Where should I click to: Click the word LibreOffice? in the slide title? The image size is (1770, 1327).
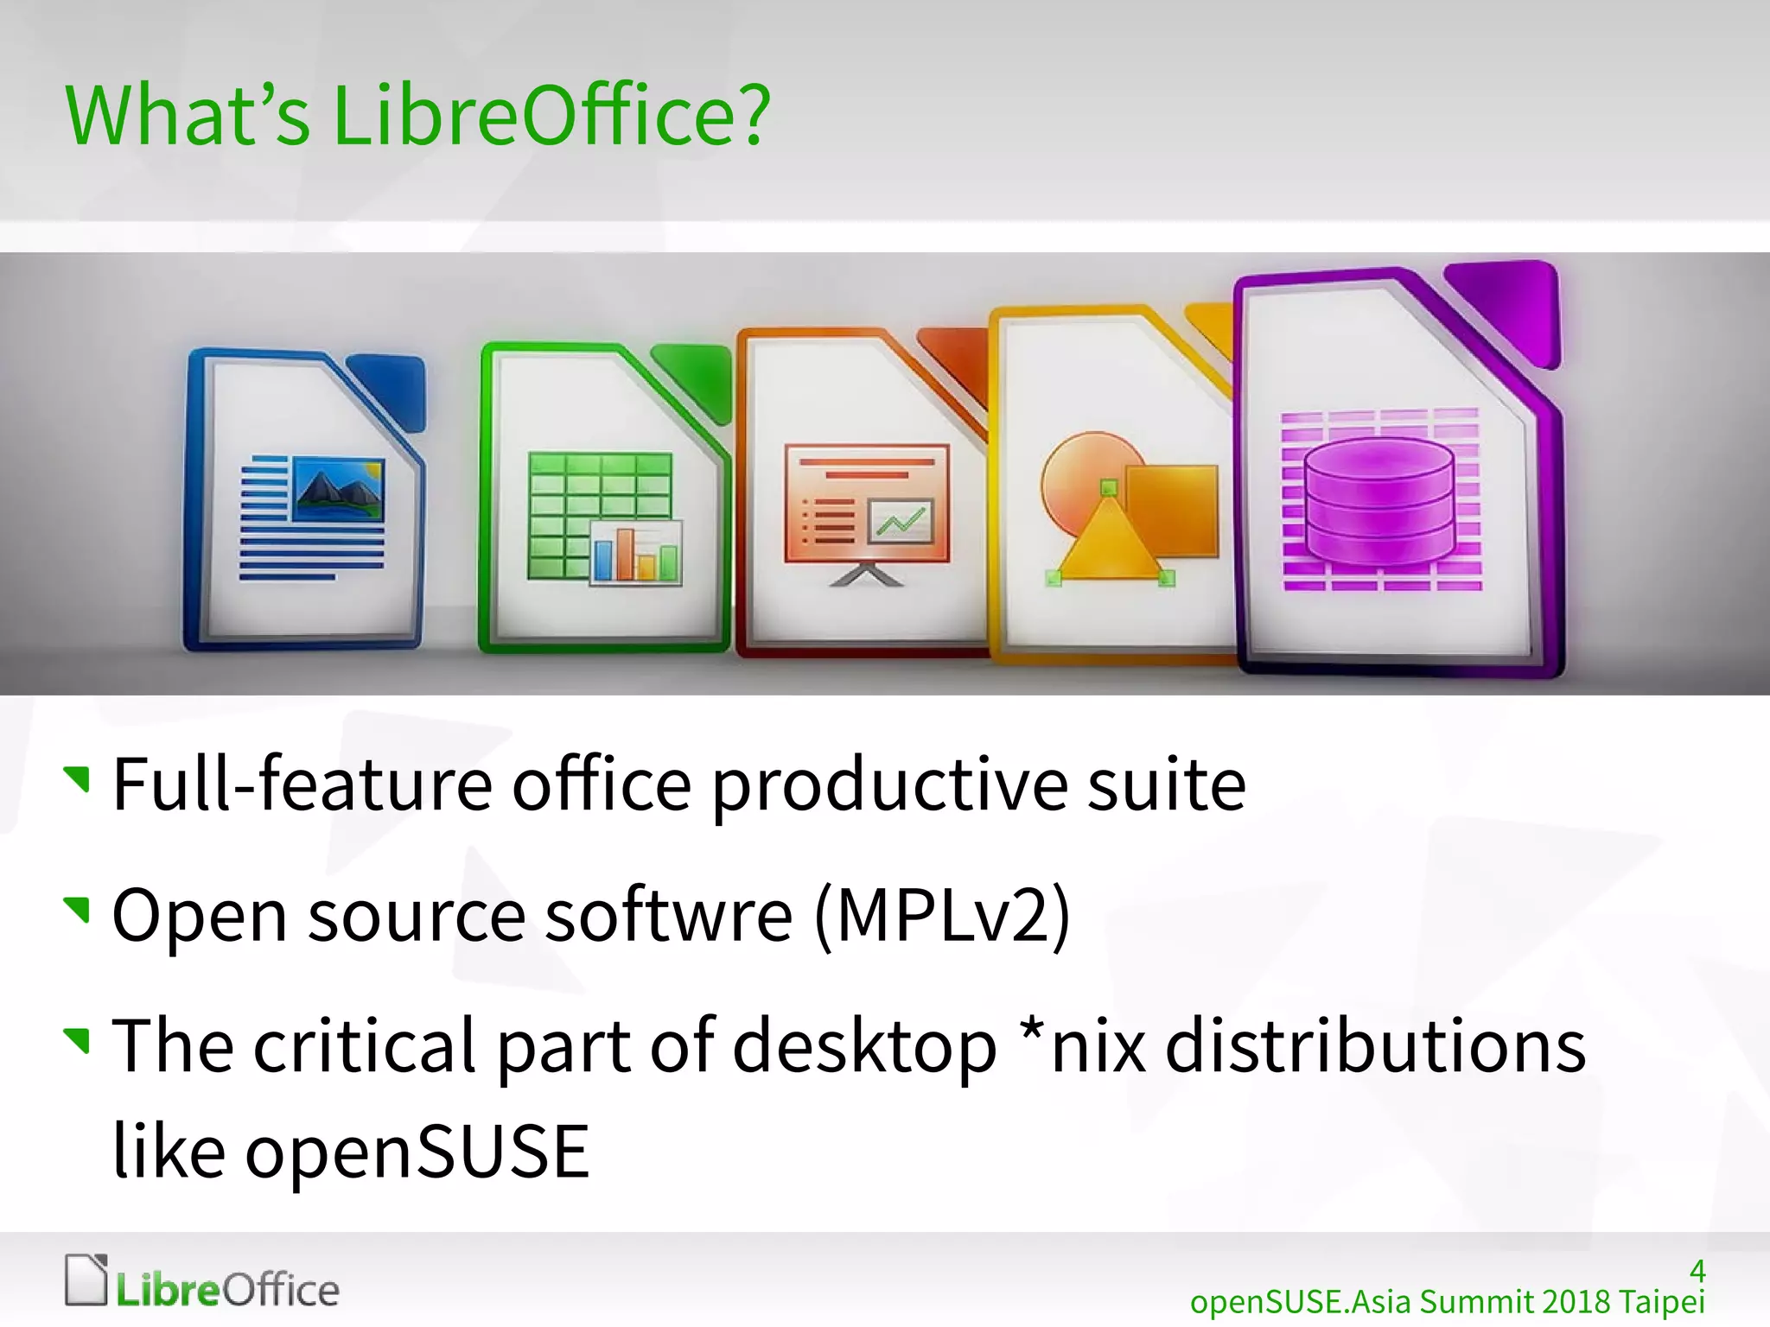(x=551, y=115)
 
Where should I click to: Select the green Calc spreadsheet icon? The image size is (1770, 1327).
(x=603, y=501)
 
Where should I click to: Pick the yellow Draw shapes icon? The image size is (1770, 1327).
(x=1115, y=492)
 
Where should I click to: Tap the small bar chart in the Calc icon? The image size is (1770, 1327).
(x=636, y=553)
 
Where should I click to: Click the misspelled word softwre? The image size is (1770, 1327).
(x=668, y=916)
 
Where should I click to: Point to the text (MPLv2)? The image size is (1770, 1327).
(x=942, y=916)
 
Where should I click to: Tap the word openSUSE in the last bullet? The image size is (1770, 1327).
(x=417, y=1151)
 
